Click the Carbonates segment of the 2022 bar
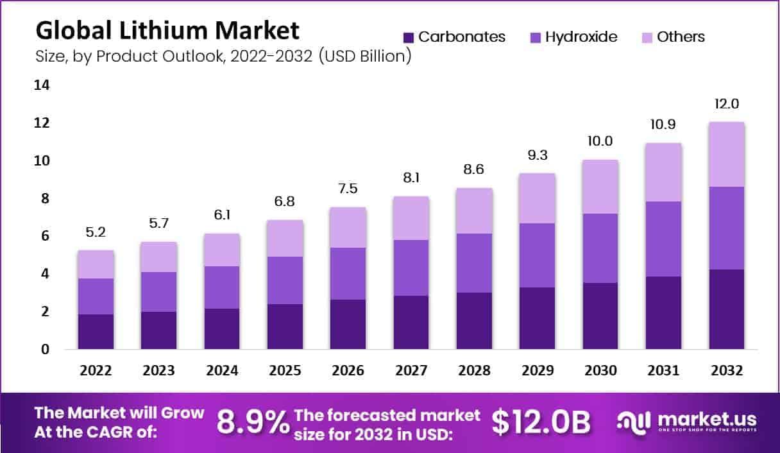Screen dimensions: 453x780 [96, 332]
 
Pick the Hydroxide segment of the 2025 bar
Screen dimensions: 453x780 [285, 280]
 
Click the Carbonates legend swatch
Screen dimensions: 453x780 [409, 37]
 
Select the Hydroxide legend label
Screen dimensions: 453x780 [581, 37]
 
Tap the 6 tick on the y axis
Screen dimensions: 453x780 [44, 236]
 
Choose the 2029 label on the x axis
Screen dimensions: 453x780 [538, 371]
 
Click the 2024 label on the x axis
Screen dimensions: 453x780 [222, 371]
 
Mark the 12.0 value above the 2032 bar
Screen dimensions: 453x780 [725, 105]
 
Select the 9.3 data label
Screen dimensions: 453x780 [538, 156]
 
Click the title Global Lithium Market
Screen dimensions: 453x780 [167, 30]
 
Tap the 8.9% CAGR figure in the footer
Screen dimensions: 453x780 [253, 423]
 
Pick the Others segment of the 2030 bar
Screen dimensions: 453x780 [600, 187]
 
